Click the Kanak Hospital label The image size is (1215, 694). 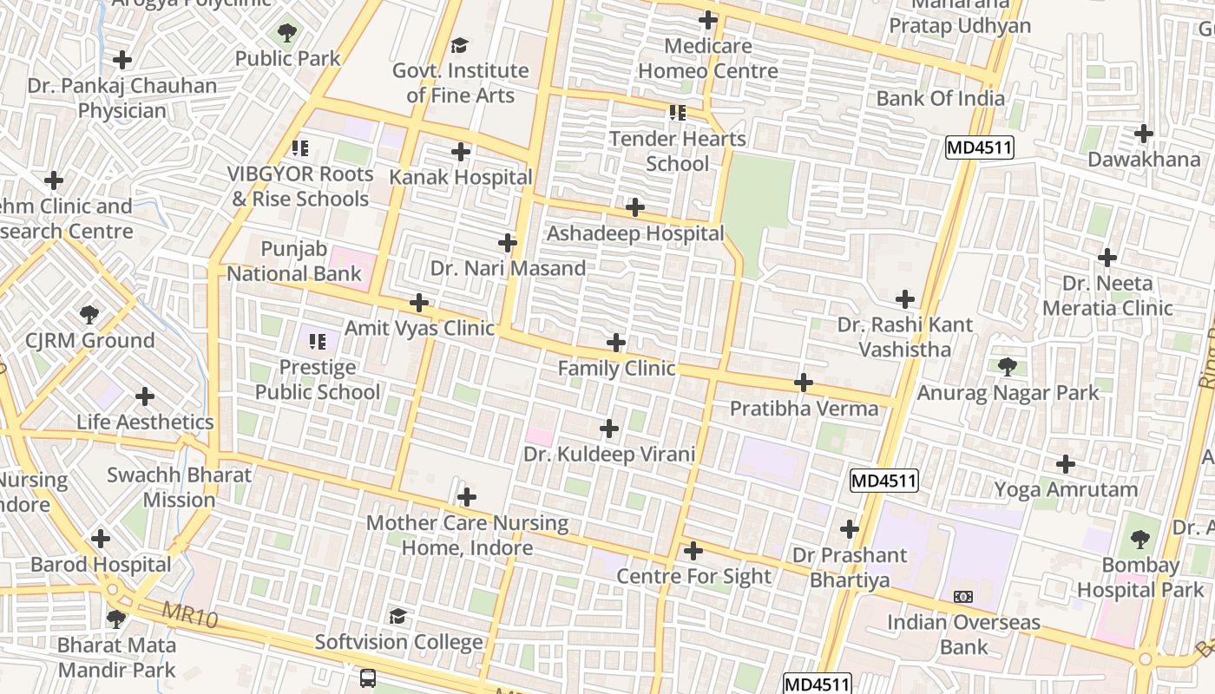[461, 177]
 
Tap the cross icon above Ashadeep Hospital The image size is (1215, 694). [635, 207]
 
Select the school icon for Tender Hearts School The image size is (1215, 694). [678, 113]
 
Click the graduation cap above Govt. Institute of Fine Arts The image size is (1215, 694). [460, 45]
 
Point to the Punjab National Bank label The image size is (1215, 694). [293, 262]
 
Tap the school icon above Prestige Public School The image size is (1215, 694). [318, 342]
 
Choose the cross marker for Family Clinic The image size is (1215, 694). [616, 343]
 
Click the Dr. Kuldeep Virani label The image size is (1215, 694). [609, 454]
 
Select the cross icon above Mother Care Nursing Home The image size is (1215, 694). [467, 497]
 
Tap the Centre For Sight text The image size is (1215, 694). [693, 576]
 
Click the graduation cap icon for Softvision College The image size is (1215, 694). [397, 616]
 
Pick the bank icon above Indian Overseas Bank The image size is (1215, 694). [962, 597]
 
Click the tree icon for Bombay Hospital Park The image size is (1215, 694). [1140, 540]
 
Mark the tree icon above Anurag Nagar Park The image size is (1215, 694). [1008, 367]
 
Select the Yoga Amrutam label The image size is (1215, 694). [1066, 489]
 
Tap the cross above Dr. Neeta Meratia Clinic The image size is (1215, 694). [1107, 258]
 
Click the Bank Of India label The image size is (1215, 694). [940, 98]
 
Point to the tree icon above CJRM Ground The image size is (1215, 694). [89, 314]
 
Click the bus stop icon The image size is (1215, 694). [368, 678]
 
